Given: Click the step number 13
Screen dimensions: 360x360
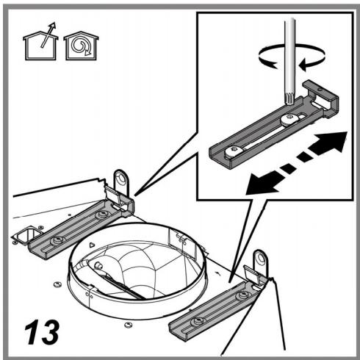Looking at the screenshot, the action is click(x=42, y=331).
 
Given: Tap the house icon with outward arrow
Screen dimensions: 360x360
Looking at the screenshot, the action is click(x=40, y=42).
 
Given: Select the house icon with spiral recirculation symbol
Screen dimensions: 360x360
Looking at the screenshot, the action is click(x=81, y=46).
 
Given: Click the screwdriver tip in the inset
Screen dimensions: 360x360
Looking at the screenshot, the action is click(x=290, y=100).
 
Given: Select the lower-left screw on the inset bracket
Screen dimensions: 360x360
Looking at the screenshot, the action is click(x=233, y=152).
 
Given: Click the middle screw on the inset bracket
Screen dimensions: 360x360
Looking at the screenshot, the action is click(x=289, y=119).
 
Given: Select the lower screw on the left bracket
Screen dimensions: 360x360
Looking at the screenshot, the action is click(x=58, y=240).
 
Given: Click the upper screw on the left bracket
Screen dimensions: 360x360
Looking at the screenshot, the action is click(x=101, y=215).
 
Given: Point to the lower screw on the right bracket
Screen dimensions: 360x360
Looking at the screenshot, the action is click(x=197, y=322).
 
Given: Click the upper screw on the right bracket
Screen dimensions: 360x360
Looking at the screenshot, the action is click(x=242, y=295).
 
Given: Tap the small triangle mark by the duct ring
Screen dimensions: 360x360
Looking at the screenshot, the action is click(x=92, y=245).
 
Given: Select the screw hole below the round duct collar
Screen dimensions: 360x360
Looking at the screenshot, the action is click(x=127, y=325).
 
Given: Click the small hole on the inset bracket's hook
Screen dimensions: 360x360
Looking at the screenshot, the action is click(x=320, y=90).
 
